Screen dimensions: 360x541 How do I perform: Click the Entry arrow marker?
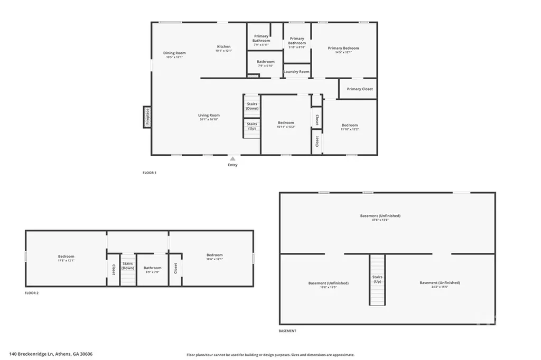click(232, 158)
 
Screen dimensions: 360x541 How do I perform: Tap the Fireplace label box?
click(147, 117)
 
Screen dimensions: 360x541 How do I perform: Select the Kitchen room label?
click(223, 46)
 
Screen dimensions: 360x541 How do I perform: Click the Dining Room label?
click(174, 53)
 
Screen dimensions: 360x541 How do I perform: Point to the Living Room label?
click(209, 115)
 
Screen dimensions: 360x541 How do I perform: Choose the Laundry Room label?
click(296, 72)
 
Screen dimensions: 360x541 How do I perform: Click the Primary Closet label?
click(360, 89)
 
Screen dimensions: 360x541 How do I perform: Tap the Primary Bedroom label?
click(343, 48)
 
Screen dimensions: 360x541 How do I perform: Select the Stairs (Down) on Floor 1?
click(252, 106)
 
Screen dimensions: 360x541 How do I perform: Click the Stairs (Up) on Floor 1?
click(252, 126)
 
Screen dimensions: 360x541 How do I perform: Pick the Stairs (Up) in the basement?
click(377, 279)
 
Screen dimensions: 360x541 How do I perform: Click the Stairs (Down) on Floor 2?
click(128, 266)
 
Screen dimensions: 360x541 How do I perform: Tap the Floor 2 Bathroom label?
click(153, 268)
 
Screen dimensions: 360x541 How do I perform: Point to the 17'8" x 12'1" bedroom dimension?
click(66, 260)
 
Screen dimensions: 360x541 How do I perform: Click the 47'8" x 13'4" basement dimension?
click(380, 220)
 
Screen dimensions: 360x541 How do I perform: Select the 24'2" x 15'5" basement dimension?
click(440, 287)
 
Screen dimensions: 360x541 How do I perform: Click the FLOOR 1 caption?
click(150, 173)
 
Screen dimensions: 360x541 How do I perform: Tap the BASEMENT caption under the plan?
click(287, 331)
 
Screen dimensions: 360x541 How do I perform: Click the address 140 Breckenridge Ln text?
click(54, 354)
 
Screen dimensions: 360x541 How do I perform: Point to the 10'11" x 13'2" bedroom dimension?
click(286, 127)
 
